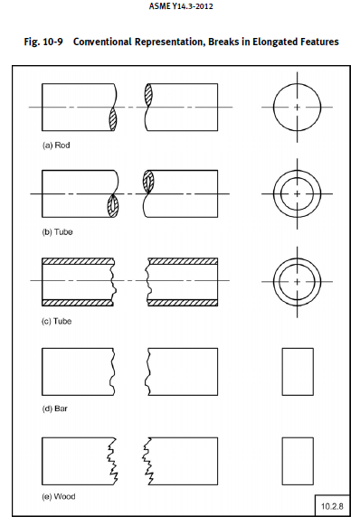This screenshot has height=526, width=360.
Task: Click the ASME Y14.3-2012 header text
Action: [181, 6]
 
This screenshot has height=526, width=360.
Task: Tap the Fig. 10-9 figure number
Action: [43, 42]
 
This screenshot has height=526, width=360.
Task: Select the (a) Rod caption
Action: [56, 146]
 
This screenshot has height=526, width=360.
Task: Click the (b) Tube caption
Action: [57, 231]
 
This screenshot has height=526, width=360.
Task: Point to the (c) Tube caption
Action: [56, 321]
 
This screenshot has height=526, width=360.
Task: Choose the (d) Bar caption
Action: [55, 409]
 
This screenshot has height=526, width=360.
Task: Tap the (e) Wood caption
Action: [59, 496]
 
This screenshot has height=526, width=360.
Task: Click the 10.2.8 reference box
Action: [332, 506]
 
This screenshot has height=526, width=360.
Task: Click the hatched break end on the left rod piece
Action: [113, 119]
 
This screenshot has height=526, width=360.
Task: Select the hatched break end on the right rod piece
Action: [148, 95]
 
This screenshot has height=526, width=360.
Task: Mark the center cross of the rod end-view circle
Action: [298, 107]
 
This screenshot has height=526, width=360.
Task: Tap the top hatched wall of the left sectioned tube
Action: [78, 261]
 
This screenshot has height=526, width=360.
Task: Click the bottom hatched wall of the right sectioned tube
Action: [183, 303]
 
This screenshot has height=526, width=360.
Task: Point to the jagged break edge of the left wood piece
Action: [112, 461]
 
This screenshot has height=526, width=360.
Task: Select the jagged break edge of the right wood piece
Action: [147, 461]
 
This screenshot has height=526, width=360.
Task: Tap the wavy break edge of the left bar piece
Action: [113, 371]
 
